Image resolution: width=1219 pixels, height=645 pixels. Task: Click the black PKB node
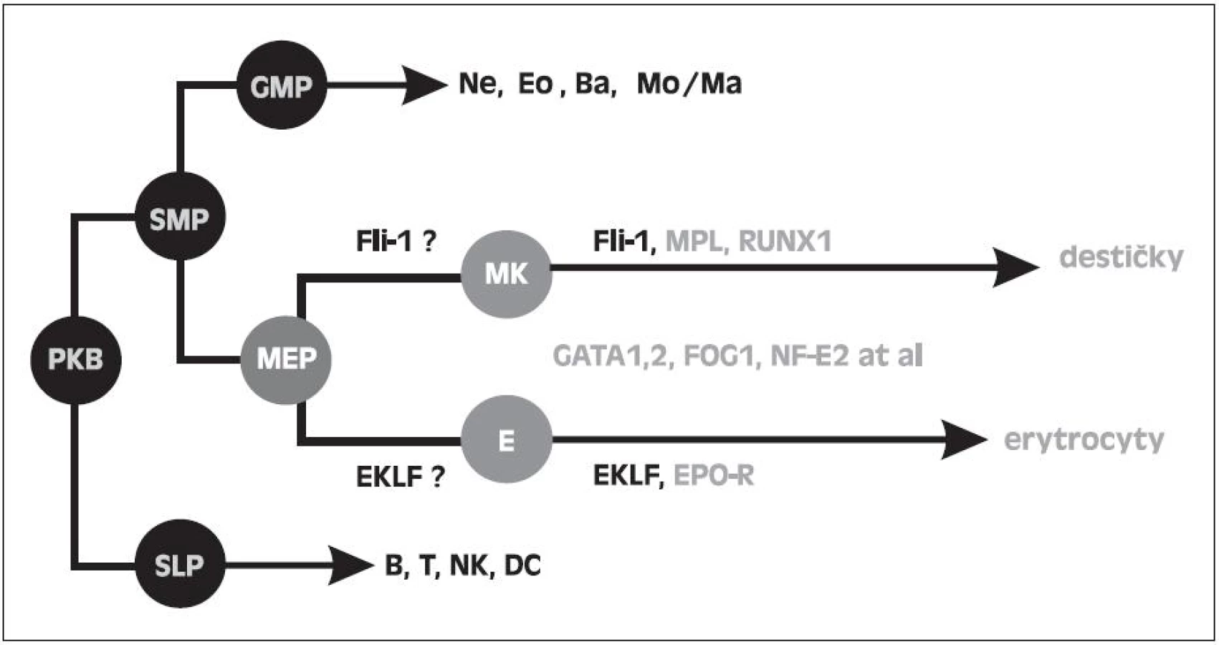(x=76, y=360)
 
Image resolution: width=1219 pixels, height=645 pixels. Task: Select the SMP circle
(x=180, y=216)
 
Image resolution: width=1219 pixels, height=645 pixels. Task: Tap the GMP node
(x=282, y=85)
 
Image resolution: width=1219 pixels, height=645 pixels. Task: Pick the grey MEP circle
(x=286, y=360)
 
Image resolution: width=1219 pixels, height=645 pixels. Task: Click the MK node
(x=507, y=274)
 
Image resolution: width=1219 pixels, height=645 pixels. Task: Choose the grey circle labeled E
(x=507, y=439)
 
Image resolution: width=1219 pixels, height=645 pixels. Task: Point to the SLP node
(x=180, y=563)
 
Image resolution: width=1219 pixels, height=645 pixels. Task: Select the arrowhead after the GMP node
(x=424, y=85)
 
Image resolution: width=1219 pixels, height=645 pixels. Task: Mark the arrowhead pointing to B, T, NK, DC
(x=352, y=565)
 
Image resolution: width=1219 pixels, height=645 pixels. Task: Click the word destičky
(x=1121, y=257)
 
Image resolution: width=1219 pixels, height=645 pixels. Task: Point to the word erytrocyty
(x=1084, y=441)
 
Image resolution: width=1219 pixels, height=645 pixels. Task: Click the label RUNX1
(x=785, y=242)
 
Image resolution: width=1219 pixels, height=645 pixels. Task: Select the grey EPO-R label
(x=714, y=476)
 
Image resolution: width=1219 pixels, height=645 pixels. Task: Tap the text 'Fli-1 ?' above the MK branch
(x=396, y=241)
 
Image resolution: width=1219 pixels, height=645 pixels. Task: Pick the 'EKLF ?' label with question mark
(x=401, y=477)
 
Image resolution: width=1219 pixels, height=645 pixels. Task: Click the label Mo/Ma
(x=689, y=84)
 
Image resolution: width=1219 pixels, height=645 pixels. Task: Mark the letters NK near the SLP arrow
(x=468, y=565)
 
